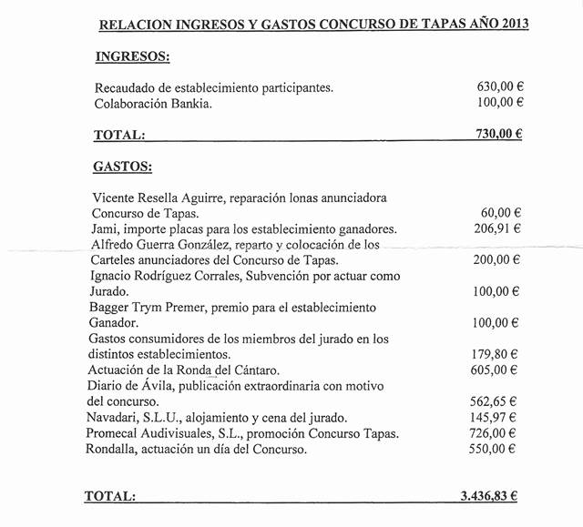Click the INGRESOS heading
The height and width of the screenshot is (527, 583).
[x=131, y=56]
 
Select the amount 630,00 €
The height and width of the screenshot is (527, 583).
[x=498, y=87]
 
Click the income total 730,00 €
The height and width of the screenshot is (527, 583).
[x=497, y=134]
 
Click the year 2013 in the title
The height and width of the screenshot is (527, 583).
[x=512, y=22]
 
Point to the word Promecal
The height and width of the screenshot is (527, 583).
[x=115, y=432]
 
